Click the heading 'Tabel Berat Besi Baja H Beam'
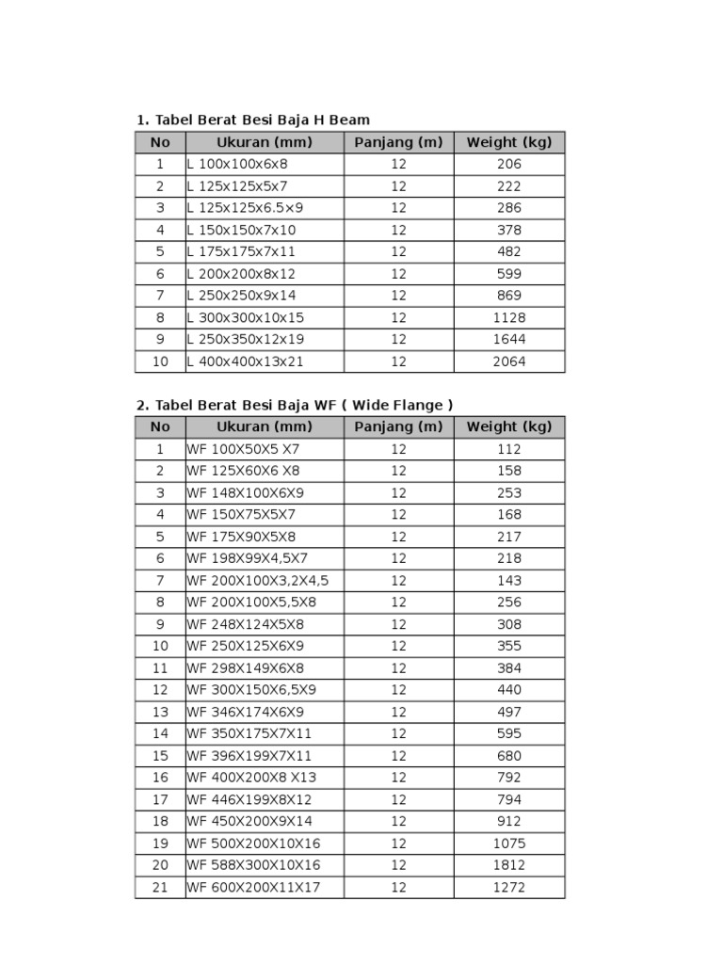[253, 120]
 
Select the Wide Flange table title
[295, 405]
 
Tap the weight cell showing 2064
[508, 361]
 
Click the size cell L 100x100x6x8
[237, 164]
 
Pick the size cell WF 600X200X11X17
[253, 887]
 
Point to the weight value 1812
[508, 865]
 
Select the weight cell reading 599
[508, 274]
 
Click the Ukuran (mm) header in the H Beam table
[264, 142]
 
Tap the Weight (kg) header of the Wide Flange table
[508, 427]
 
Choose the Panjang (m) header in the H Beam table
[398, 142]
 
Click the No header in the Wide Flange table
[160, 427]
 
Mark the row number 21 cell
[160, 887]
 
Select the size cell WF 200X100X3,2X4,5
[258, 581]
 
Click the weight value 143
[508, 581]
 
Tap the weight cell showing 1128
[508, 317]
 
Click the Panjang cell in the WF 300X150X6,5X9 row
[398, 690]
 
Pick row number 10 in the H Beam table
[160, 361]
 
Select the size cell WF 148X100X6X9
[245, 493]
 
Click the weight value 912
[508, 822]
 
